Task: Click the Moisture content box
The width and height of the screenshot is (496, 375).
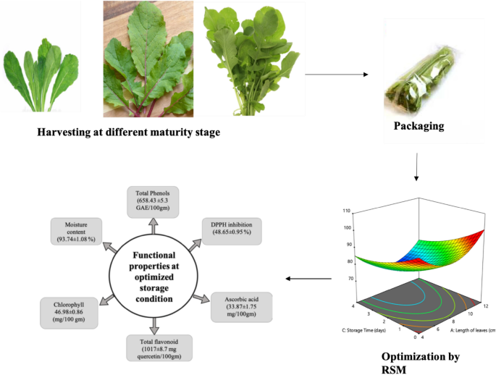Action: [x=75, y=230]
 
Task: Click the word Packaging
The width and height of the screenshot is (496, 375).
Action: [x=419, y=126]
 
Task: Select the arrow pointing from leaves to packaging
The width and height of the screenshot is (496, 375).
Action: [x=335, y=74]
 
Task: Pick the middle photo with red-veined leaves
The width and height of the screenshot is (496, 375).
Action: [x=148, y=59]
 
